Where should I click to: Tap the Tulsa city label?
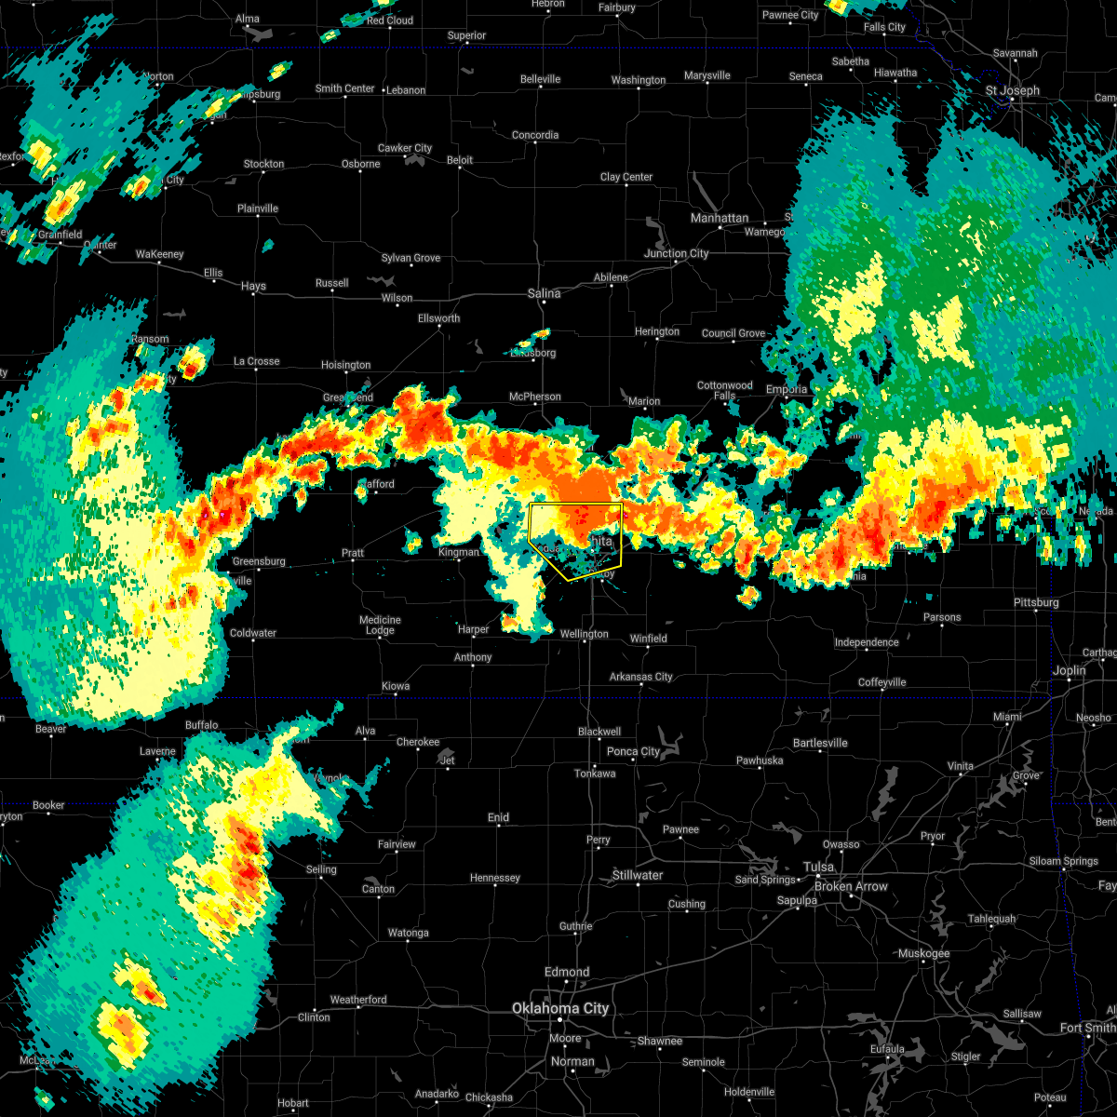(x=819, y=867)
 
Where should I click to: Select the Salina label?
(x=545, y=293)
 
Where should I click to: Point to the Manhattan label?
(x=720, y=218)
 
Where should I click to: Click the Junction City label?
(x=676, y=253)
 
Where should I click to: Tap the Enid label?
(x=499, y=817)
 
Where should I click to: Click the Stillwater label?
(x=638, y=875)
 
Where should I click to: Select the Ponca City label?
(x=634, y=751)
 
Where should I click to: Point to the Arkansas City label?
(x=640, y=677)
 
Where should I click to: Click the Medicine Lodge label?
(x=380, y=625)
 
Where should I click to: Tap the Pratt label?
(x=353, y=553)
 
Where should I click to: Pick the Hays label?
(x=253, y=287)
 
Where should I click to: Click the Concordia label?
(x=535, y=135)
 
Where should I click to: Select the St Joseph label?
(x=1013, y=90)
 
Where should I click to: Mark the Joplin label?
(x=1070, y=670)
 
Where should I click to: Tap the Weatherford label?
(x=358, y=1000)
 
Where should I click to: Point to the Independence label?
(x=867, y=642)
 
